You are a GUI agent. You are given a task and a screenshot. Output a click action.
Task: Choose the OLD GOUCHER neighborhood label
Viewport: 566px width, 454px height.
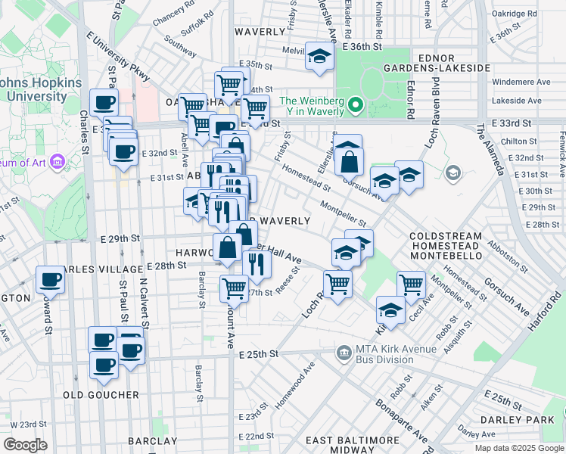[101, 395]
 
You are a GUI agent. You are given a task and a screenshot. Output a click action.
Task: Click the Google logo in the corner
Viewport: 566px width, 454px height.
[26, 444]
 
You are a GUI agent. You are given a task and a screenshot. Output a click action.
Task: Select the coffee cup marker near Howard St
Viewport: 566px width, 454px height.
[51, 279]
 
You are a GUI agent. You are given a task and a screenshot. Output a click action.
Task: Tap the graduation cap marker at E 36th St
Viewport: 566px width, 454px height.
[319, 57]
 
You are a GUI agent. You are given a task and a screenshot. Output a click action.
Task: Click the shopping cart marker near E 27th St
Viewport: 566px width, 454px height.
[234, 288]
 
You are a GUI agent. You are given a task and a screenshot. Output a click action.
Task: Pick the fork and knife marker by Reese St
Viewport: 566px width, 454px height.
[257, 263]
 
